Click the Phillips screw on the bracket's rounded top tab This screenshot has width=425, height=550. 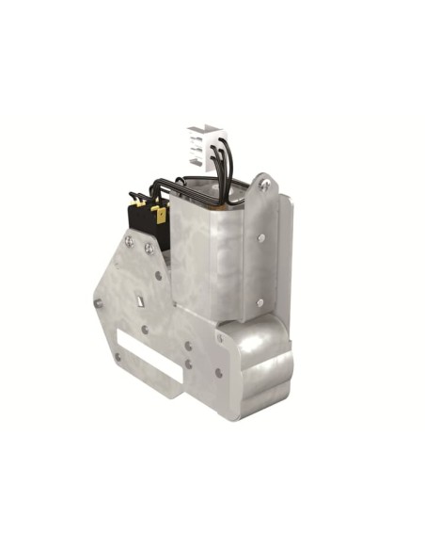tap(264, 187)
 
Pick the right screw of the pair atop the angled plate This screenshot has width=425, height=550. tap(149, 249)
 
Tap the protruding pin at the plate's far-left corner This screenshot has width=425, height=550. tap(97, 303)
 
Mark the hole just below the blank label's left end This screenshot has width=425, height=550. tap(118, 357)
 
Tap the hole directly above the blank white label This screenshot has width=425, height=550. tap(144, 330)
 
